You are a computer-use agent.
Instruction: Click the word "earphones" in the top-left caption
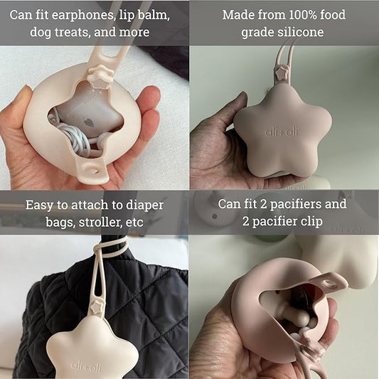coord(82,15)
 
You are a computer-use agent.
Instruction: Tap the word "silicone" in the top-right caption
coord(303,32)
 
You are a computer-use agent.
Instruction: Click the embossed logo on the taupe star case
coord(282,132)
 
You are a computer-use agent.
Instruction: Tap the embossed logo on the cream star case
coord(86,366)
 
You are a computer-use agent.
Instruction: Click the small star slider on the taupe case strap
coord(281,73)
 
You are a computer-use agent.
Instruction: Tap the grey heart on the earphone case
coord(90,122)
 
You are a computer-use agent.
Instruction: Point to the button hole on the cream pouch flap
coord(93,169)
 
